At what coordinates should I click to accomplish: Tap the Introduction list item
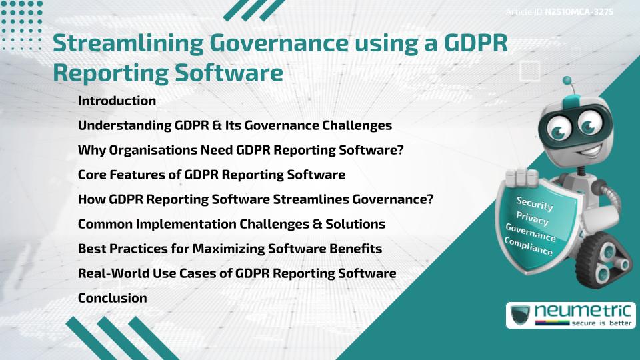[x=117, y=101]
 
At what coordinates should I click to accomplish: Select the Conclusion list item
[x=112, y=298]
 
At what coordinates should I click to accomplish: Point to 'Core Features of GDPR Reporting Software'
[x=211, y=175]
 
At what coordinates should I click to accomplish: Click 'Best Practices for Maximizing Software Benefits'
[x=230, y=249]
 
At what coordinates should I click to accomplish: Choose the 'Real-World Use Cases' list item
[x=237, y=273]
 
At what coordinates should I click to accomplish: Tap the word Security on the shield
[x=535, y=204]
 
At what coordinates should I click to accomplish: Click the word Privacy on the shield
[x=532, y=219]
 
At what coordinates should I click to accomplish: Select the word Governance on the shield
[x=530, y=233]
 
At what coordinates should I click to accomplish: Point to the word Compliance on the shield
[x=528, y=247]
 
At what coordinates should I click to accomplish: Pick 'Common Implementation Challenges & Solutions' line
[x=231, y=224]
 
